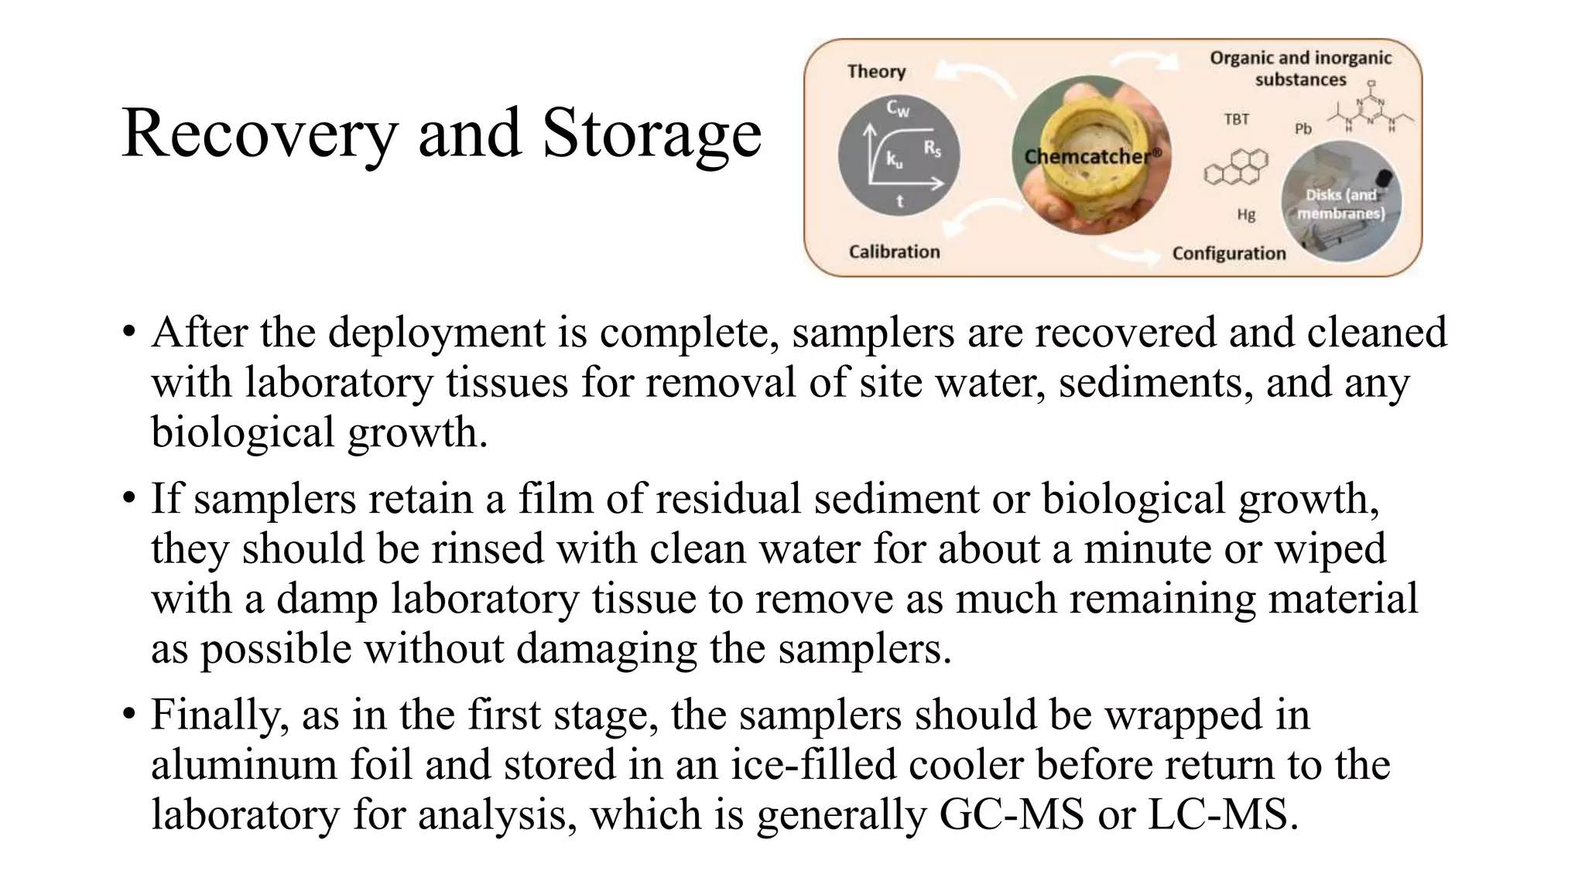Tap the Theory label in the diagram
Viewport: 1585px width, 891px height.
tap(876, 71)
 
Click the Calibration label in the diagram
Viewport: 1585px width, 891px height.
tap(894, 251)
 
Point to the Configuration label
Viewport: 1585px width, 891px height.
tap(1228, 253)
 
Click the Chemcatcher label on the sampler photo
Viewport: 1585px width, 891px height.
tap(1092, 156)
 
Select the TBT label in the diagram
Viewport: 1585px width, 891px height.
tap(1236, 119)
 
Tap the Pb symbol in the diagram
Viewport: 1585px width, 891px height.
tap(1303, 128)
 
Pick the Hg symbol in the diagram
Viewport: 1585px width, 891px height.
tap(1245, 214)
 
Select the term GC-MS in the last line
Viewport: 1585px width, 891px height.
tap(1011, 814)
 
